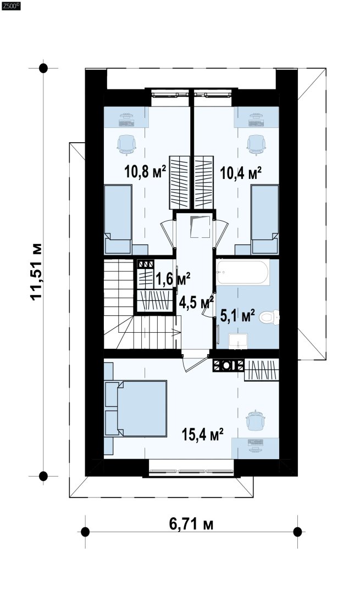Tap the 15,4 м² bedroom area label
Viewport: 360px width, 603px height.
point(203,435)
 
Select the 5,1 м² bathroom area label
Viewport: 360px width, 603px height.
point(237,316)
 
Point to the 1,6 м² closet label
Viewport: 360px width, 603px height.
point(173,279)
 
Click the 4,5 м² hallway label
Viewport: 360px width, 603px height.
point(196,302)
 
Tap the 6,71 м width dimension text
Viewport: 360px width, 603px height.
point(191,523)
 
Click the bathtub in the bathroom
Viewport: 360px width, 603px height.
point(242,272)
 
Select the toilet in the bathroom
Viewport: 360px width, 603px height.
point(269,317)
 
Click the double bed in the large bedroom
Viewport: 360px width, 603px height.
point(136,409)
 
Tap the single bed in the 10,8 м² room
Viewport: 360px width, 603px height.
point(118,219)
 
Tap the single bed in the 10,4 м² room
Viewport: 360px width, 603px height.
point(264,219)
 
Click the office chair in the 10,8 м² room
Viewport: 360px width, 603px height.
point(126,144)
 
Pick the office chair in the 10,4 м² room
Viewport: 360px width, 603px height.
point(256,144)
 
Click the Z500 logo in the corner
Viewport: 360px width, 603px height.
point(10,6)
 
